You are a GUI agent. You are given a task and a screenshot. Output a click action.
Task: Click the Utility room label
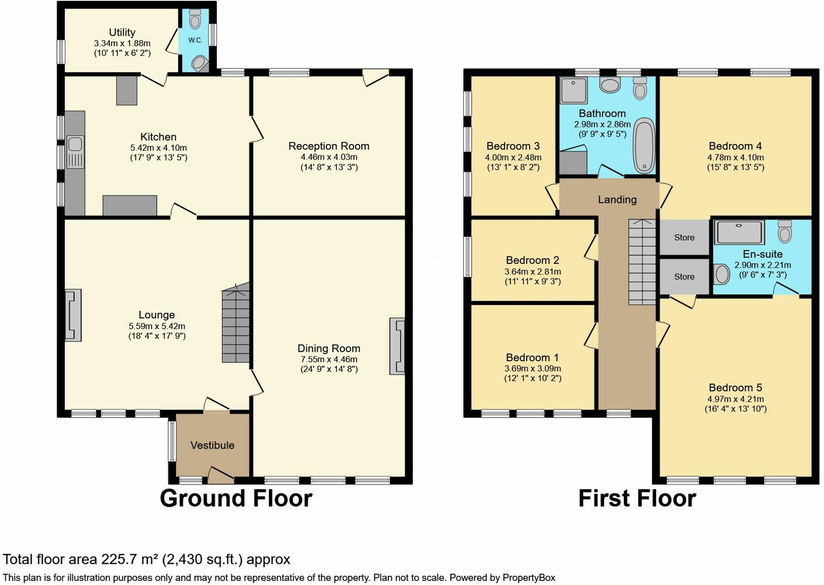coord(122,32)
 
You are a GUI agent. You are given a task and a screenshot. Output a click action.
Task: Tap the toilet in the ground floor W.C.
coord(195,20)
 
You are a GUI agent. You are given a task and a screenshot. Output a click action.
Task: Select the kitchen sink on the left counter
coord(75,144)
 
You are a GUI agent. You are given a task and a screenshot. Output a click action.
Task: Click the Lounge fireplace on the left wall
coord(73,315)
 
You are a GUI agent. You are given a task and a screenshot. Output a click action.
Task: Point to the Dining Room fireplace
coord(397,346)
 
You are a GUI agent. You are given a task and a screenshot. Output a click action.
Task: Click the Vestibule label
coord(212,446)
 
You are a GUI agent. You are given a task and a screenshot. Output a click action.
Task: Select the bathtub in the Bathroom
coord(644,146)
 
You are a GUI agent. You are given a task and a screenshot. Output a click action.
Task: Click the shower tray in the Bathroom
coord(573,90)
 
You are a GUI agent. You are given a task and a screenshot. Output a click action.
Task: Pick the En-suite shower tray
coord(739,232)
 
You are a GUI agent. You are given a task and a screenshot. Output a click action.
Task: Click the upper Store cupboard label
coord(684,237)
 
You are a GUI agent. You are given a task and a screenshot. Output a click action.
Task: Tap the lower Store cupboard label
coord(684,277)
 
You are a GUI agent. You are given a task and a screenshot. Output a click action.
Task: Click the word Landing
coord(617,200)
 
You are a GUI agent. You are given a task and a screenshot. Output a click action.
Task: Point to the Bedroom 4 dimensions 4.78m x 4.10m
coord(735,158)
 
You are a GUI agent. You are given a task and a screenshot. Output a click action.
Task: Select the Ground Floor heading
coord(236,498)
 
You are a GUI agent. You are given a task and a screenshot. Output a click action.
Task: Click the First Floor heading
coord(637,498)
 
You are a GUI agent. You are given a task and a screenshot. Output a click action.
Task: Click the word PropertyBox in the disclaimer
coord(529,578)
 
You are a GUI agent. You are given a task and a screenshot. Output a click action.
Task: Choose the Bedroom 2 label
coord(532,260)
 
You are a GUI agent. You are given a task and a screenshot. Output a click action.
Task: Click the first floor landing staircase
coord(642,262)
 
